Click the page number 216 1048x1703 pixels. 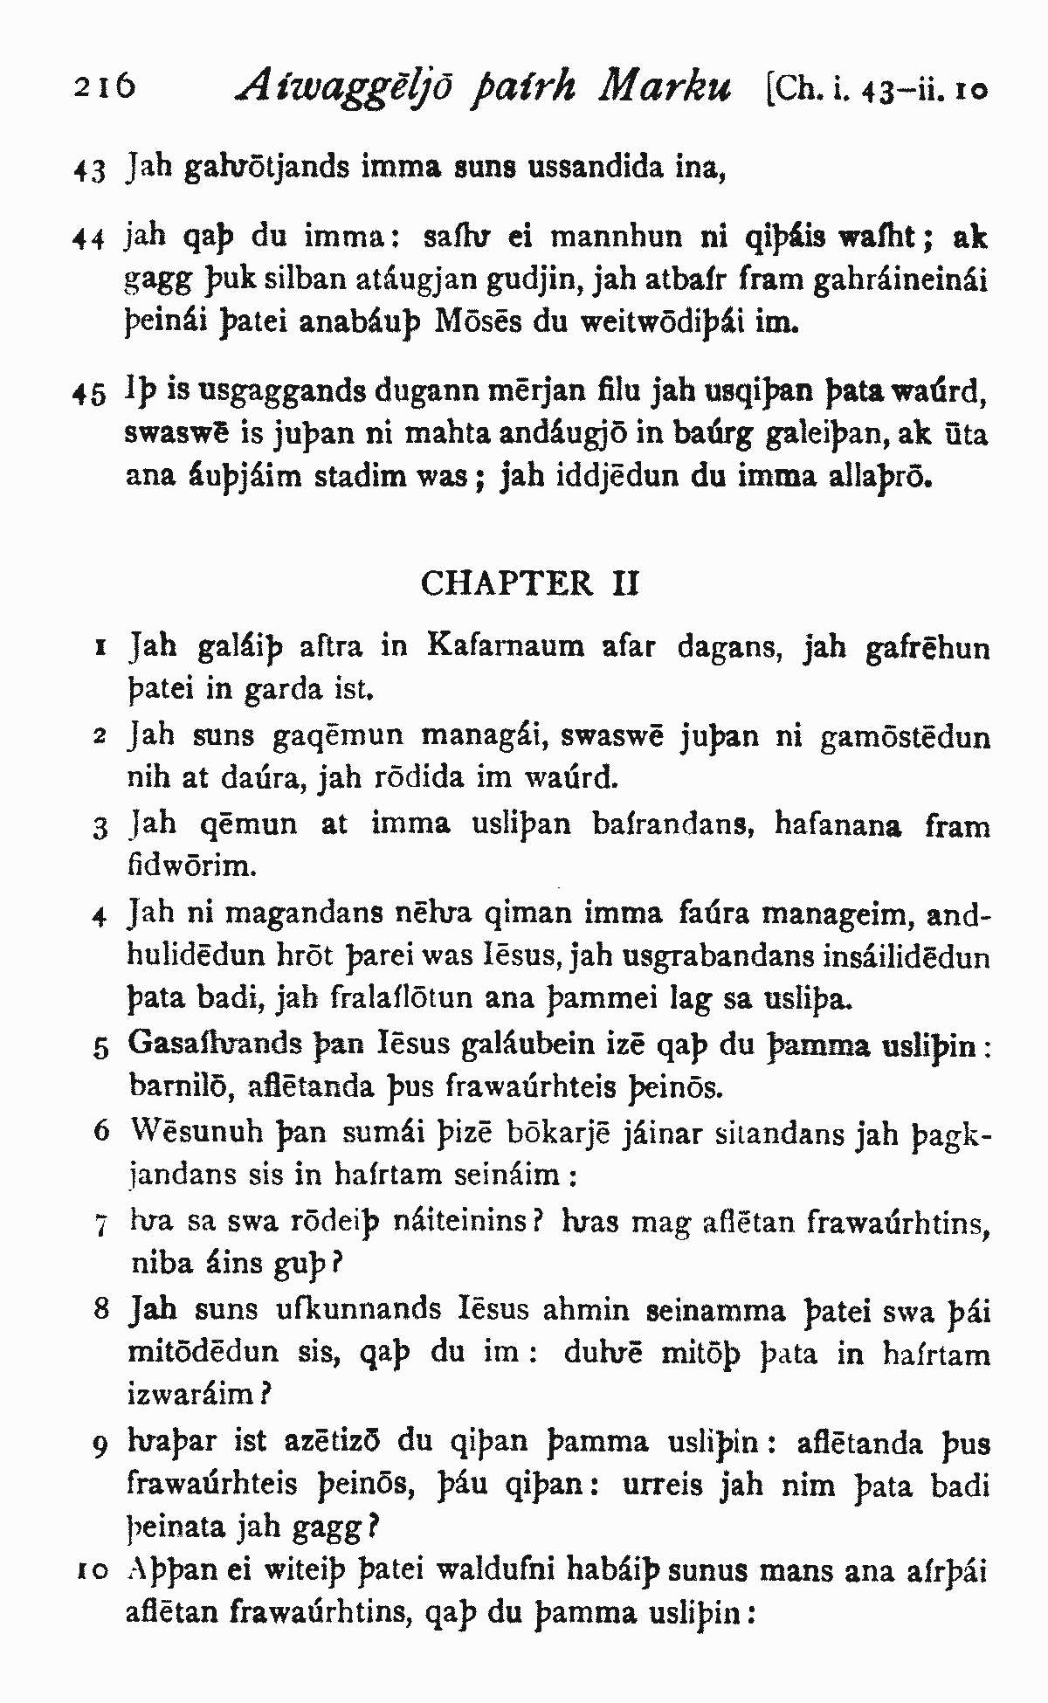[x=104, y=90]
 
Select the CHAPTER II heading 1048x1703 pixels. [x=529, y=583]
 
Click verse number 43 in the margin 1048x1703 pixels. [x=89, y=169]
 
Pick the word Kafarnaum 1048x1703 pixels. [x=507, y=646]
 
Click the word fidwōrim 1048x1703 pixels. [x=191, y=866]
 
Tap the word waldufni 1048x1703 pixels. [x=486, y=1572]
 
